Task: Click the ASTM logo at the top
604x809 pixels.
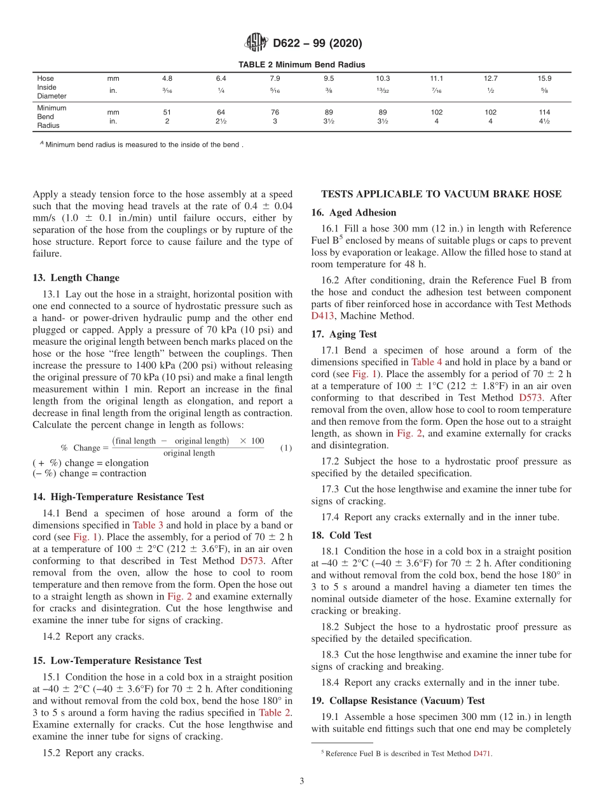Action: tap(256, 43)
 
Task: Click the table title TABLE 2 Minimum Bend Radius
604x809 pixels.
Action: tap(301, 64)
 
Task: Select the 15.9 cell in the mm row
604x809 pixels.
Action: tap(544, 78)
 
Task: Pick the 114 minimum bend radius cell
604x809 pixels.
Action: tap(544, 112)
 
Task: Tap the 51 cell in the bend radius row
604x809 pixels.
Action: tap(167, 112)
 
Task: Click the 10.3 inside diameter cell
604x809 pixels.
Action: tap(383, 78)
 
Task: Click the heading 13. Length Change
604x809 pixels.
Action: tap(76, 278)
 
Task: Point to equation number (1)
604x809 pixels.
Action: tap(286, 448)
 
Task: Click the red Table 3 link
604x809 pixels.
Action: tap(148, 525)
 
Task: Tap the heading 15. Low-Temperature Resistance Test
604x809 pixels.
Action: tap(117, 661)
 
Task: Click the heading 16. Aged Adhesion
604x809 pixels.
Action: tap(353, 212)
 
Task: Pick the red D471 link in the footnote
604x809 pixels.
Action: tap(483, 754)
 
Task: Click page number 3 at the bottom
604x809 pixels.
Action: tap(302, 782)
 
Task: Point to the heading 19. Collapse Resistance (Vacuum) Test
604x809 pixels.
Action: tap(398, 701)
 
